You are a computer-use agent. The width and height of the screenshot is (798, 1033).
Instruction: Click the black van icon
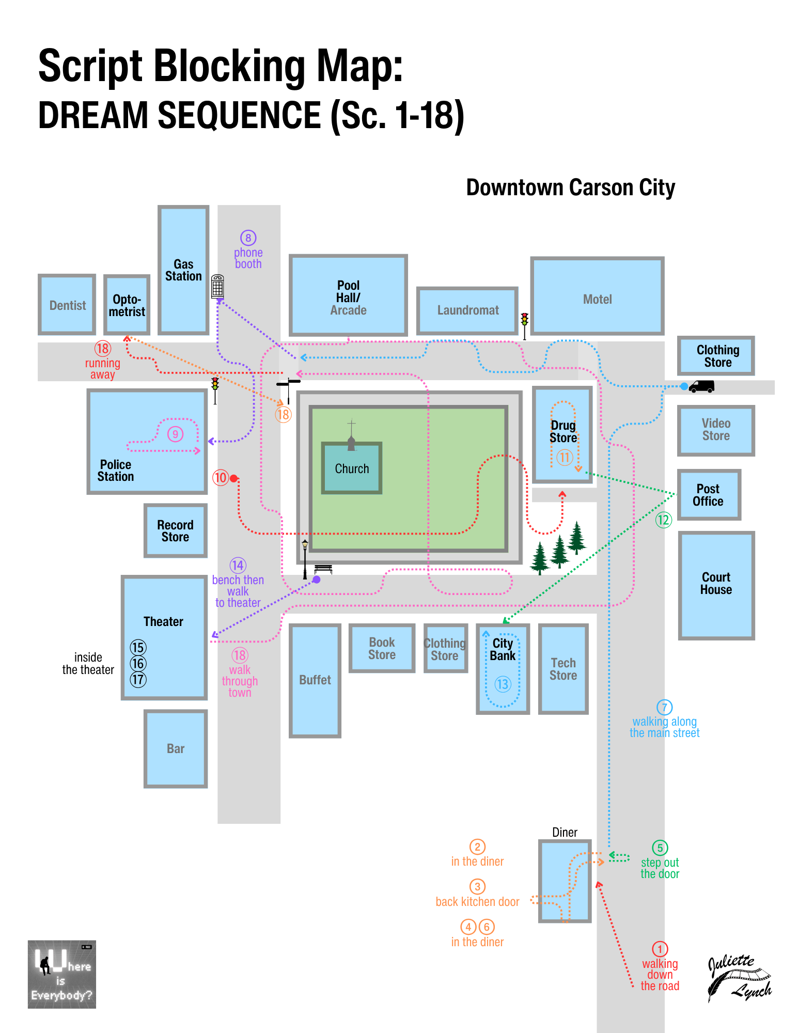701,386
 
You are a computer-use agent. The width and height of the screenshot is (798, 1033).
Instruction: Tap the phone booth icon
217,286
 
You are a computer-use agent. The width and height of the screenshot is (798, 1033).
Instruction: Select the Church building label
352,468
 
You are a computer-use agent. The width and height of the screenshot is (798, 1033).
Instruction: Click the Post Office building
709,494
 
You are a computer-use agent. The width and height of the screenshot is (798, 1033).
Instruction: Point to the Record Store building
176,530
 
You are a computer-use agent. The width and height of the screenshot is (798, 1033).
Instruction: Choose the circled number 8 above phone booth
248,238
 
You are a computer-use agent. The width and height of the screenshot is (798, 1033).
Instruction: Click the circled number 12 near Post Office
663,520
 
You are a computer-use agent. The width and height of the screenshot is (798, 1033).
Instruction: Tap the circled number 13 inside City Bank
503,684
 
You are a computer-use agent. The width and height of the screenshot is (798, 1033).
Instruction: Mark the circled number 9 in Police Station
176,434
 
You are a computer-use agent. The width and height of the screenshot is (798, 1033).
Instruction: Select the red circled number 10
221,477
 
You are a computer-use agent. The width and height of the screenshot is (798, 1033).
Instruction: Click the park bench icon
323,569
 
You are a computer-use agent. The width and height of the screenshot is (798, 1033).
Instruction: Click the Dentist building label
68,305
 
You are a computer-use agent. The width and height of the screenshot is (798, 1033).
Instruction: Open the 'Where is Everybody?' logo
62,974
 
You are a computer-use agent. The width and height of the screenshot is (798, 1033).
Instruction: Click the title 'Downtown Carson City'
570,187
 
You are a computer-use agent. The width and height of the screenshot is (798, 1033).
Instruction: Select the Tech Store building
563,669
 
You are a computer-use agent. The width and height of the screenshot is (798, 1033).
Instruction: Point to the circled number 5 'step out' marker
660,848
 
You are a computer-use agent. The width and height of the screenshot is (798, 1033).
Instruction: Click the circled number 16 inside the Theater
138,663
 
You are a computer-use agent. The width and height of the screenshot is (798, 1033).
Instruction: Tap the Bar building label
176,748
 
